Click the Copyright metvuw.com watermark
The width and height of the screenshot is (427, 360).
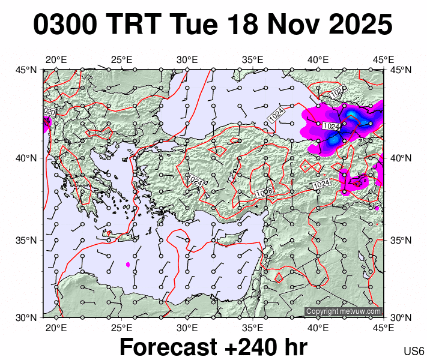tap(344, 311)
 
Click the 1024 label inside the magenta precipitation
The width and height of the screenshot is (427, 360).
tap(331, 127)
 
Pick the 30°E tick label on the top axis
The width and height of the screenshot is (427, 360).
tap(187, 60)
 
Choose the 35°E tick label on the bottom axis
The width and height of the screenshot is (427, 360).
tap(253, 328)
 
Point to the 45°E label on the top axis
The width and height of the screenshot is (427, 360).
tap(383, 60)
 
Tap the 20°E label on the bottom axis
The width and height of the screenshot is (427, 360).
tap(56, 328)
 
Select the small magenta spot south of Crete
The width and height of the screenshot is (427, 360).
tap(128, 264)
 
